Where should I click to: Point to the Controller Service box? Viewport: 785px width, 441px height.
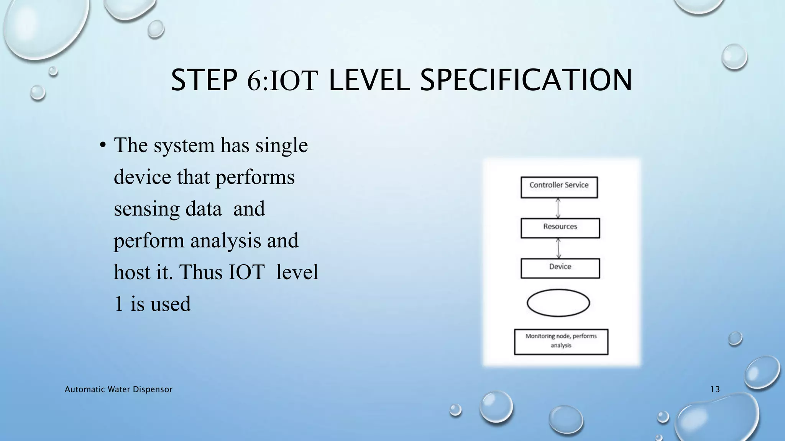click(559, 187)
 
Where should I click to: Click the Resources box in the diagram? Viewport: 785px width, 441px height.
click(560, 228)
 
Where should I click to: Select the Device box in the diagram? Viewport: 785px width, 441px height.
click(560, 268)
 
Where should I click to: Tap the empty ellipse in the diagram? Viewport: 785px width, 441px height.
click(558, 303)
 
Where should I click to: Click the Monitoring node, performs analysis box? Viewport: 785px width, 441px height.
click(561, 341)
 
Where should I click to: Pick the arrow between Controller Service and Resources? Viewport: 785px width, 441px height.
click(558, 208)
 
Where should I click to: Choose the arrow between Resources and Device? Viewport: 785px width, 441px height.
click(558, 248)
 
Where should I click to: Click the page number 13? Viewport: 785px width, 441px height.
click(715, 389)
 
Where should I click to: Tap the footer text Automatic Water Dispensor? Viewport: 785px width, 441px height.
click(118, 389)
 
